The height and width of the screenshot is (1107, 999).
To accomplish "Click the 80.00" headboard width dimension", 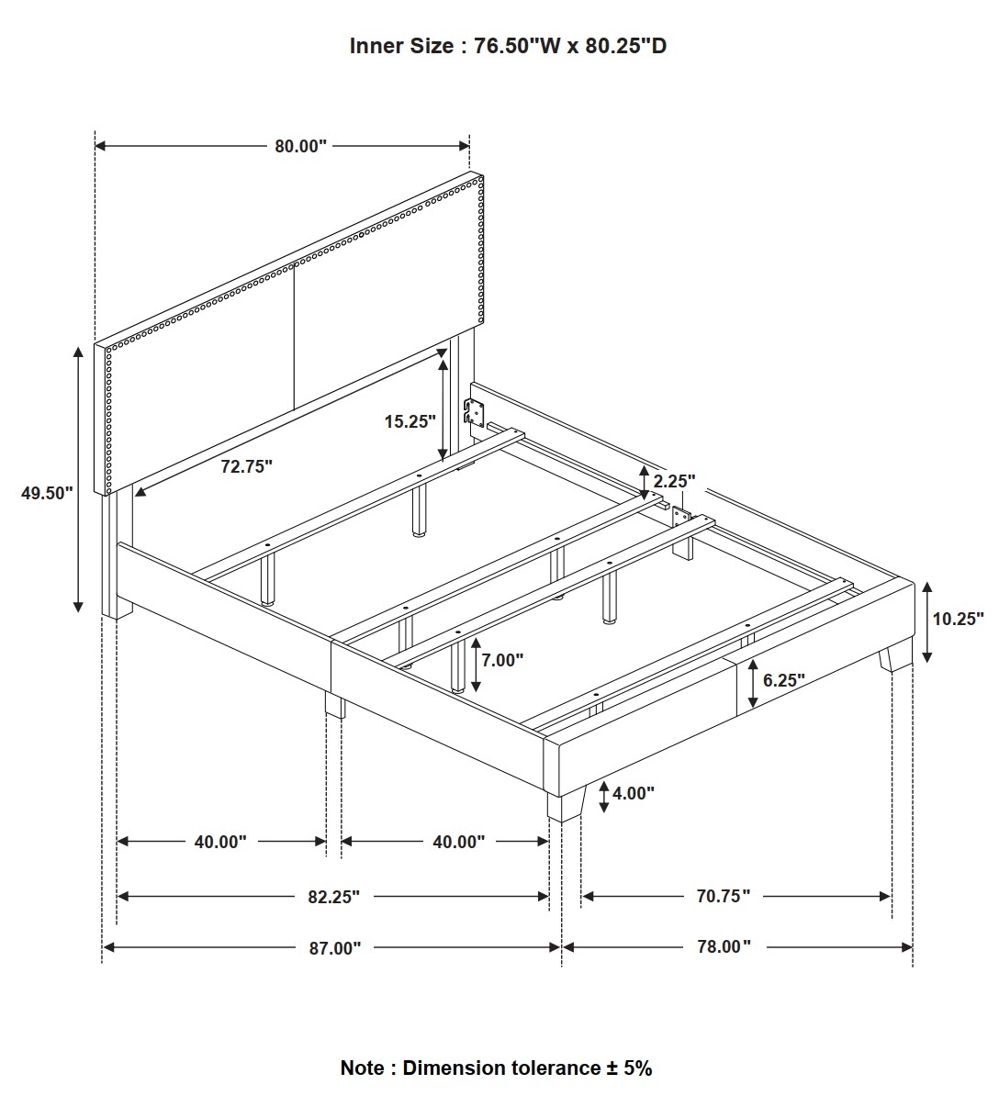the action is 301,146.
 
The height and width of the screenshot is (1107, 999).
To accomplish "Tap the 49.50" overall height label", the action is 47,493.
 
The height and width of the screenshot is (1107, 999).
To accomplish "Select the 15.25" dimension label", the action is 410,421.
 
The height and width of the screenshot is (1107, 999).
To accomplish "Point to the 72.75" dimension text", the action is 247,466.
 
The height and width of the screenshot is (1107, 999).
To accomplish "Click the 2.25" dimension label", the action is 674,481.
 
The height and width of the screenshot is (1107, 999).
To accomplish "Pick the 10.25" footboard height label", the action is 959,619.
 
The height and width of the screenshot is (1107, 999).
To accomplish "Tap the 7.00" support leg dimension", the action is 502,660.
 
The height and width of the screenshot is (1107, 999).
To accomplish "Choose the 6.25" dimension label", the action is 784,680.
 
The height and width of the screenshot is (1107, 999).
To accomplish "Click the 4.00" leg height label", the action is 634,794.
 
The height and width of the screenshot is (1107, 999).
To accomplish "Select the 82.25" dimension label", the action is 334,897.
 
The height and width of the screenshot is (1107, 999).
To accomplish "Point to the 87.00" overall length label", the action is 335,948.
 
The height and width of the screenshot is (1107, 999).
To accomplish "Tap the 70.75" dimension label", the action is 724,896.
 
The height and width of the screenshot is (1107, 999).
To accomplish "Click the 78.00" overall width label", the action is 724,947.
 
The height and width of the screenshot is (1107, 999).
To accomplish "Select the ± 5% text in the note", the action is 629,1068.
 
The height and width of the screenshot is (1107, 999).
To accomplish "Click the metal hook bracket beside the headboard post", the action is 475,411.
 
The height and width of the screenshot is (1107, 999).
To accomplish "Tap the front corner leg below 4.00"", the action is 567,805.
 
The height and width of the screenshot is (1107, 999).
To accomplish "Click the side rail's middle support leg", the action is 334,706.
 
